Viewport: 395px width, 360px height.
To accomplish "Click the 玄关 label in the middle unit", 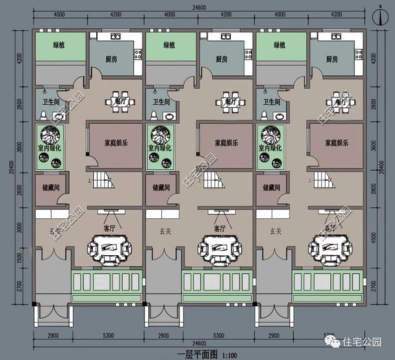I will point(164,232).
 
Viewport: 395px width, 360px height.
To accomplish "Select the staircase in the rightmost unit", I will point(325,181).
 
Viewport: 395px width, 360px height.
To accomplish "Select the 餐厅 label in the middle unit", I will point(231,101).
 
